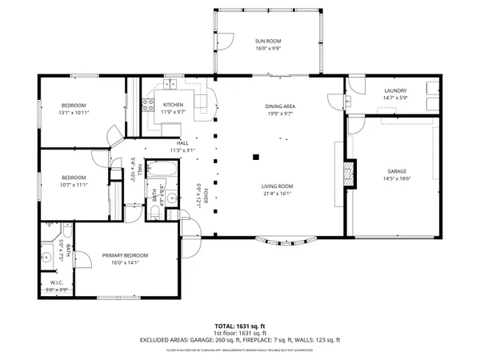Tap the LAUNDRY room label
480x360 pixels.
[x=396, y=90]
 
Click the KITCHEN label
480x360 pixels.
[x=174, y=105]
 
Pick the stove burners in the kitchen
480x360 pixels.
[x=148, y=103]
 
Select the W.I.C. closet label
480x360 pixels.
[x=57, y=282]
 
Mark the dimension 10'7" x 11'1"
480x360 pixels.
[x=74, y=185]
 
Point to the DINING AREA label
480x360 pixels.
[x=281, y=106]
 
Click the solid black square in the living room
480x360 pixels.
[x=255, y=157]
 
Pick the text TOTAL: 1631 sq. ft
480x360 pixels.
[x=240, y=326]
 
